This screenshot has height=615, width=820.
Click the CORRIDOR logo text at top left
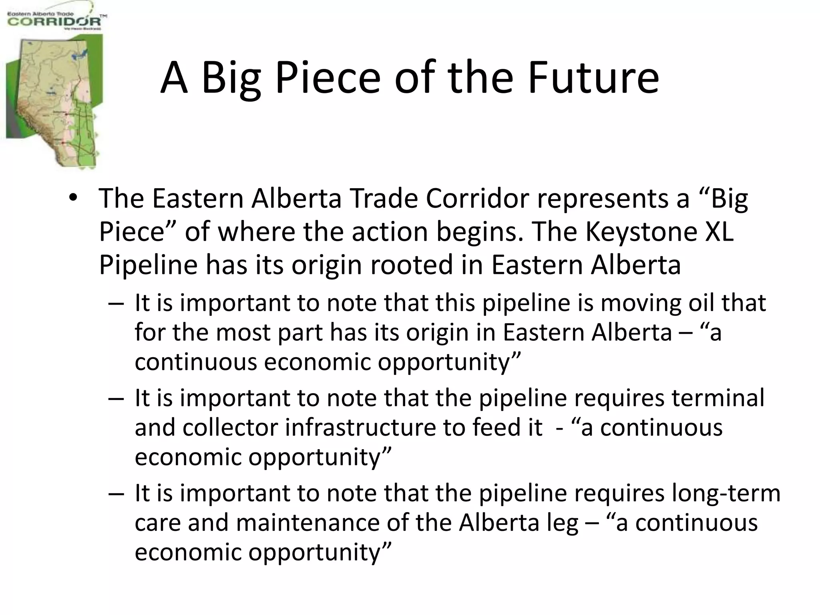click(54, 21)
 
